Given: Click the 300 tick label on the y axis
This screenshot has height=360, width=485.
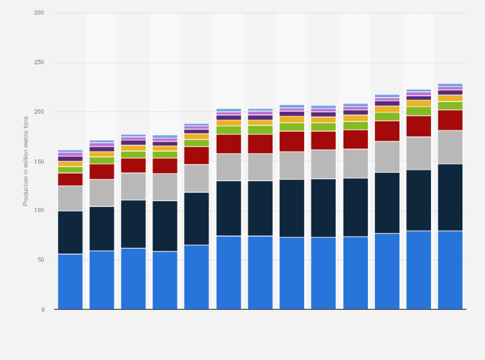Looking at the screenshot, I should click(40, 14).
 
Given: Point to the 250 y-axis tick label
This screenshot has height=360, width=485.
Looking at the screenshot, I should click(40, 63).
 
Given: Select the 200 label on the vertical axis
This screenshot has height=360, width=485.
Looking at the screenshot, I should click(40, 112).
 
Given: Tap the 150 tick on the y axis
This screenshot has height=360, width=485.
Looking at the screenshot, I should click(40, 161).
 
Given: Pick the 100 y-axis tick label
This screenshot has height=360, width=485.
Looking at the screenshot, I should click(40, 211).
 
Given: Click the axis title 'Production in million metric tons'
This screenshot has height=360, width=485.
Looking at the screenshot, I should click(26, 161).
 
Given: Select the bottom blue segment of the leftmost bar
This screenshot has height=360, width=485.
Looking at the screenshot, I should click(70, 282).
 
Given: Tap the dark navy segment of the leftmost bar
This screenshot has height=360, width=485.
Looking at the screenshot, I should click(70, 233).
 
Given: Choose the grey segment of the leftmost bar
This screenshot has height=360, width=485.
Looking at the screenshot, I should click(70, 199).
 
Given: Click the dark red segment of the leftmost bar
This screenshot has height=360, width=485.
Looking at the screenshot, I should click(70, 179).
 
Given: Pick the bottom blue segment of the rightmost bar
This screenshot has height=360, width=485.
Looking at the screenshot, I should click(450, 270).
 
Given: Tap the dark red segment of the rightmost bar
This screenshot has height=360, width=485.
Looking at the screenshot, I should click(450, 120).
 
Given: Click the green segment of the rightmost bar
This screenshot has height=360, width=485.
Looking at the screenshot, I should click(450, 105).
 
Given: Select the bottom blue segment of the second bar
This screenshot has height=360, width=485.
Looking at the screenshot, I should click(102, 280).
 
